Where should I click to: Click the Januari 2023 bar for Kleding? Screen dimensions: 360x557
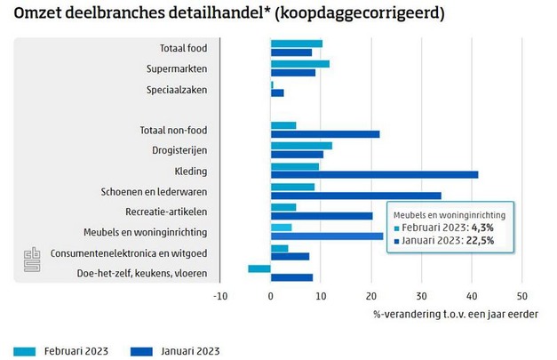click(374, 174)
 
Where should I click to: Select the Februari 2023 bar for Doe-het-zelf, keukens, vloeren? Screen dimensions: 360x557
click(259, 268)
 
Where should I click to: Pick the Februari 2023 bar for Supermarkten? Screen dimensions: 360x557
click(299, 64)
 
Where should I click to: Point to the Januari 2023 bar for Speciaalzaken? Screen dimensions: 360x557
click(277, 92)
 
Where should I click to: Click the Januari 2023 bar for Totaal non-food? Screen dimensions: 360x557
click(324, 134)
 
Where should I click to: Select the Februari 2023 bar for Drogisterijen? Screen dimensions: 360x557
click(301, 146)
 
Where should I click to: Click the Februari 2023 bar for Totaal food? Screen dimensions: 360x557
click(296, 44)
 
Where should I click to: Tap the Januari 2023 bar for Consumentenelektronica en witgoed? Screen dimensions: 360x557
click(290, 257)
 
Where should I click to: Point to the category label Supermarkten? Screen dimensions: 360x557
click(177, 68)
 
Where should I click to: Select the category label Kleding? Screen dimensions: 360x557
click(192, 171)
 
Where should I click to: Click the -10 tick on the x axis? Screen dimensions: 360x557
click(220, 297)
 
